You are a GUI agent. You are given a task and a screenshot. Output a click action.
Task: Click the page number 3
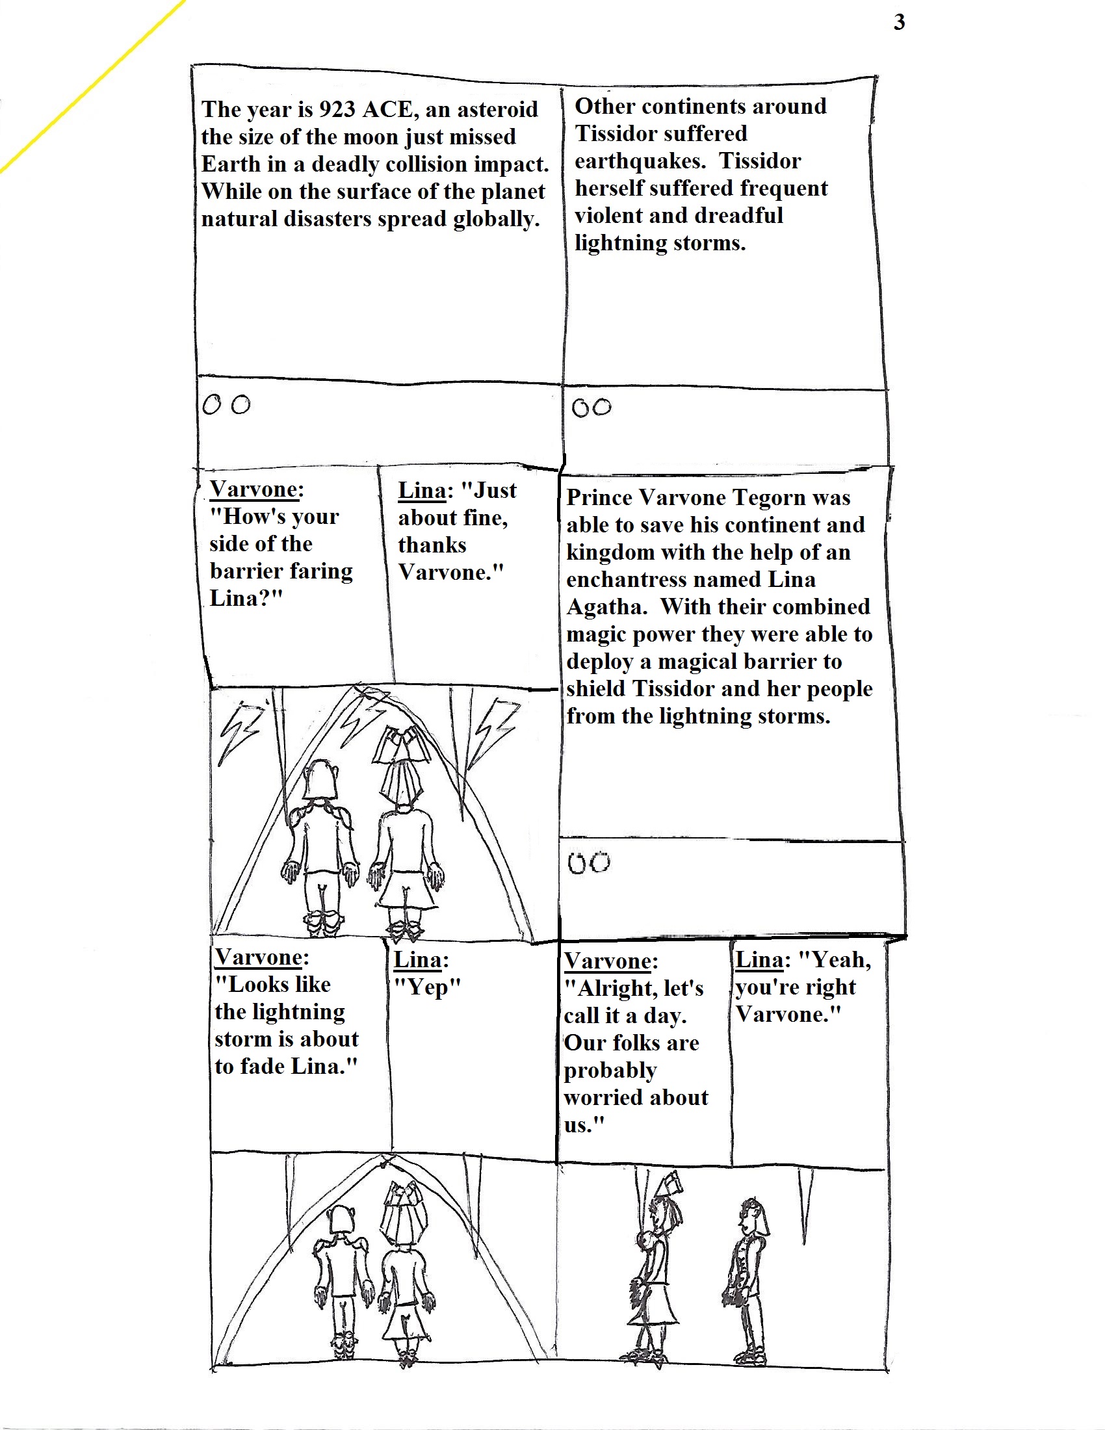tap(900, 23)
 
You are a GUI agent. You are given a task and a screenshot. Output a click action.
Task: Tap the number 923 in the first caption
tap(337, 109)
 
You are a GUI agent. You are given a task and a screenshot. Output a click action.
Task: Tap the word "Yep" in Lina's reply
tap(427, 987)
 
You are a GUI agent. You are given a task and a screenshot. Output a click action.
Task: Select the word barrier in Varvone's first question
tap(246, 571)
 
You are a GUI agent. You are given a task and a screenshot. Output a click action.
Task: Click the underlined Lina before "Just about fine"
tap(422, 490)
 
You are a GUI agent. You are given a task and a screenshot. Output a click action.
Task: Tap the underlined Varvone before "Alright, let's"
tap(608, 961)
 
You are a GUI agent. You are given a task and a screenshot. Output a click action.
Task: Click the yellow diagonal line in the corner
tap(92, 85)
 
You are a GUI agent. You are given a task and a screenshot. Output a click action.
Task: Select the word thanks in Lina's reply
tap(432, 545)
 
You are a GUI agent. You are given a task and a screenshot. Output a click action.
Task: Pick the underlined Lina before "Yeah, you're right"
tap(759, 960)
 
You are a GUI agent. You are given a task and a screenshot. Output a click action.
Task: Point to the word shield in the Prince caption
tap(596, 689)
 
